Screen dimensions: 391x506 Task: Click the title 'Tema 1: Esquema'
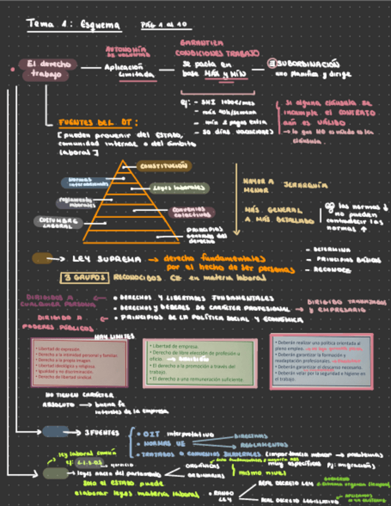(74, 25)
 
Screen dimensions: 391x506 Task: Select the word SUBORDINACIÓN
(308, 63)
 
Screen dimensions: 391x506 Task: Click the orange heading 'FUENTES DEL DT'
(98, 123)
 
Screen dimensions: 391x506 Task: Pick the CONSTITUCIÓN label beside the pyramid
(163, 165)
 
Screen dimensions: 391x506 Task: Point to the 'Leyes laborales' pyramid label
(179, 188)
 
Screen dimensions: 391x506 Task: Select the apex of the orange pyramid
(123, 161)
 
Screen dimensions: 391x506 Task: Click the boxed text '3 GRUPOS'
(85, 277)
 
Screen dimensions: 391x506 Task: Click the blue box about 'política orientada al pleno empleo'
(321, 360)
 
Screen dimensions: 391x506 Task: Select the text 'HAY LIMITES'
(114, 337)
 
